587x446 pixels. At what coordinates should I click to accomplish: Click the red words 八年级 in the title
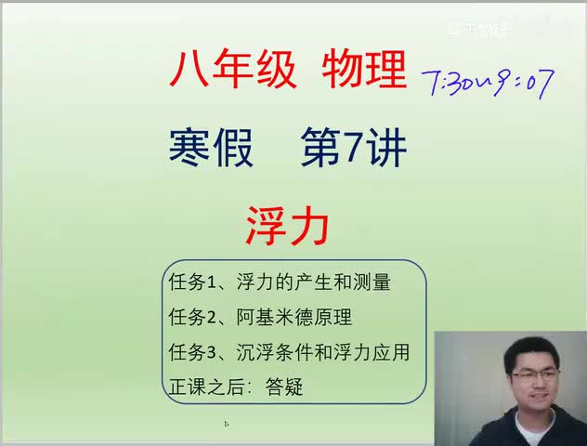[233, 70]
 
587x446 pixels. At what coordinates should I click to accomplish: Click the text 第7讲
[353, 149]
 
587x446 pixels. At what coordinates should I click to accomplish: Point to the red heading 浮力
[287, 224]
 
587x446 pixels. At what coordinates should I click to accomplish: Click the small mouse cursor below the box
[227, 424]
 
